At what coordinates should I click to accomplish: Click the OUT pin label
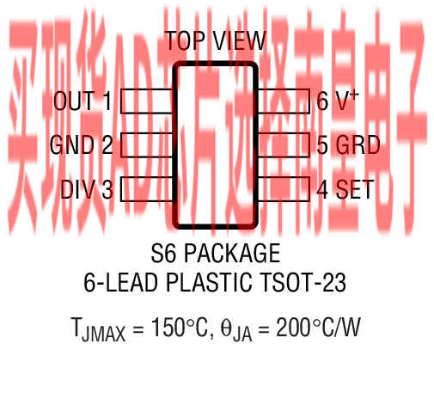pyautogui.click(x=74, y=101)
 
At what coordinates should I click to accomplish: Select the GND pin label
pyautogui.click(x=72, y=144)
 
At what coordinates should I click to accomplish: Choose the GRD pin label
pyautogui.click(x=358, y=144)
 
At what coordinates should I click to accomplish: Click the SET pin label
pyautogui.click(x=355, y=189)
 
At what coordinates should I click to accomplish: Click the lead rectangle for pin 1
pyautogui.click(x=147, y=101)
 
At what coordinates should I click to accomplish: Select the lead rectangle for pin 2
pyautogui.click(x=147, y=144)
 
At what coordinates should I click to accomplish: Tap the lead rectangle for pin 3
pyautogui.click(x=147, y=189)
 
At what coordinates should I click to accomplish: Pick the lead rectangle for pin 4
pyautogui.click(x=284, y=189)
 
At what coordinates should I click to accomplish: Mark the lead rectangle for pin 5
pyautogui.click(x=284, y=144)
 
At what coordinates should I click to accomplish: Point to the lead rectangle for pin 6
pyautogui.click(x=284, y=101)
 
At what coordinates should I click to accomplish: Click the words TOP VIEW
pyautogui.click(x=216, y=40)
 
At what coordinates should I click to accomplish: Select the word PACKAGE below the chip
pyautogui.click(x=232, y=253)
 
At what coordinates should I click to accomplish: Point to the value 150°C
pyautogui.click(x=180, y=328)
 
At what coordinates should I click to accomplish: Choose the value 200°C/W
pyautogui.click(x=318, y=328)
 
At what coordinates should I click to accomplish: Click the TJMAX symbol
pyautogui.click(x=98, y=329)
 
